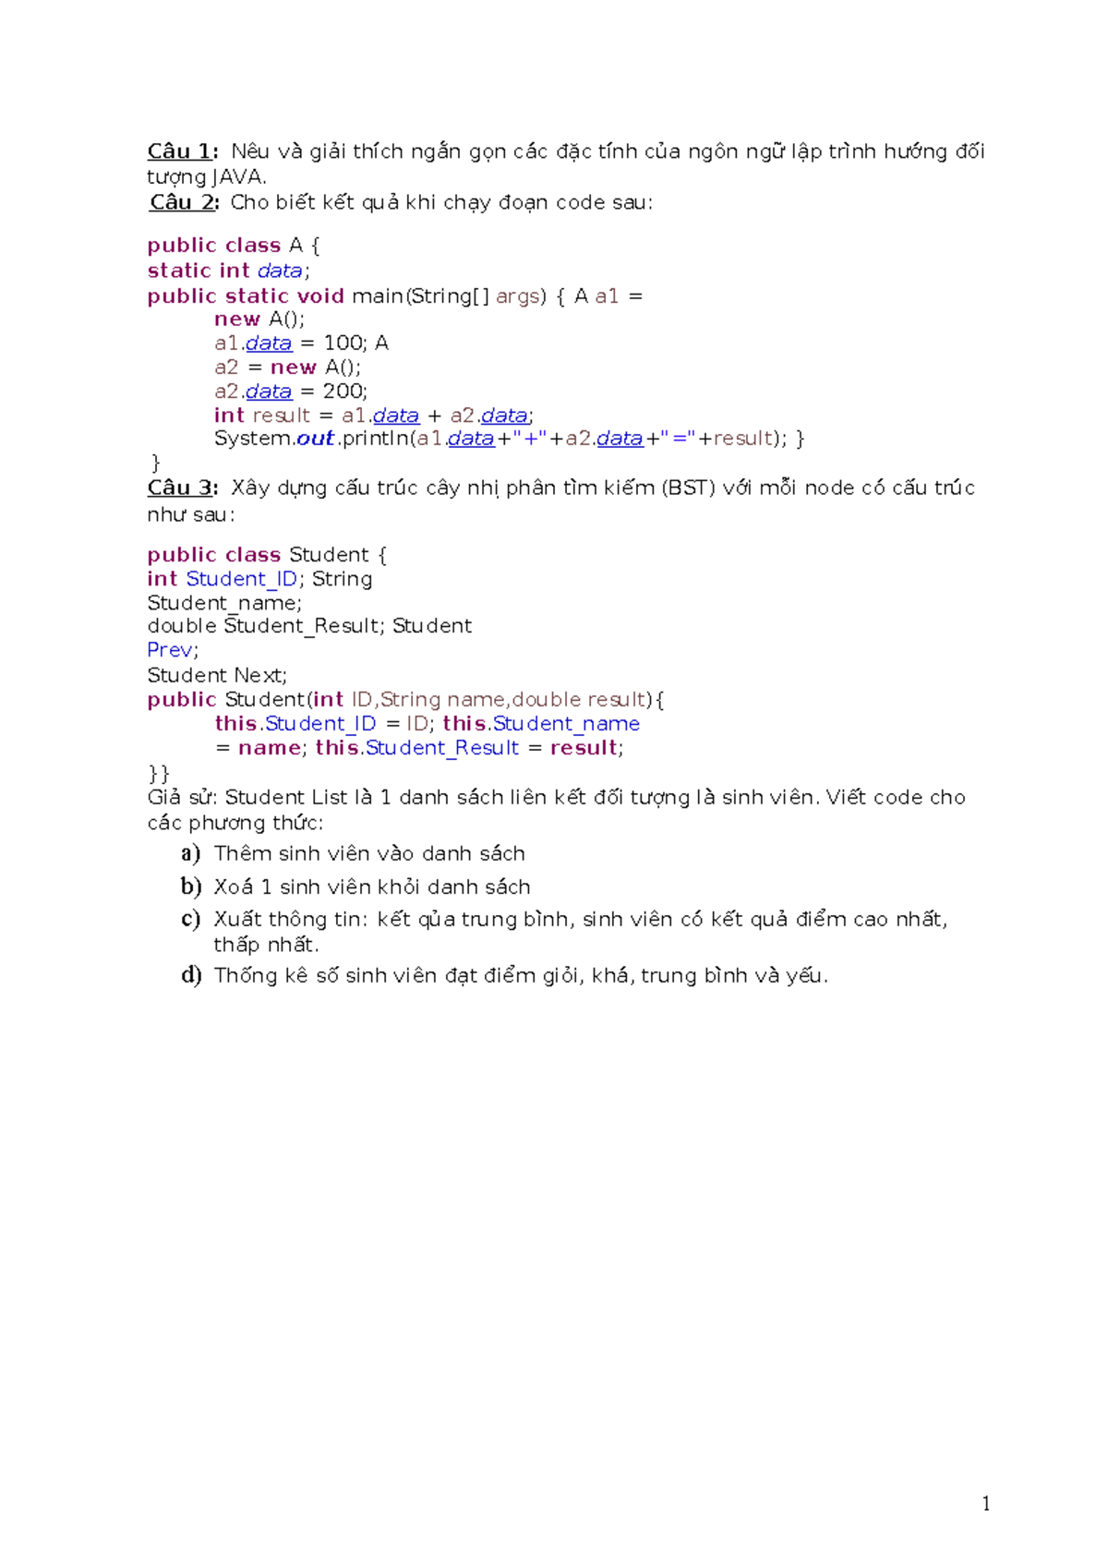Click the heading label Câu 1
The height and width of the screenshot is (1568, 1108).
tap(181, 151)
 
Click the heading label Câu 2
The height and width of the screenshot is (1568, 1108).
tap(183, 202)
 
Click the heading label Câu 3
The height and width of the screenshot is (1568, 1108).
tap(181, 488)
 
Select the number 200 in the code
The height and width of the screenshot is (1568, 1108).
tap(343, 392)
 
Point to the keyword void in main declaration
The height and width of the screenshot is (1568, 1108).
tap(320, 296)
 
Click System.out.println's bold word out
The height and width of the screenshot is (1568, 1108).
tap(315, 439)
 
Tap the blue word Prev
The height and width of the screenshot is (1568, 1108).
tap(170, 650)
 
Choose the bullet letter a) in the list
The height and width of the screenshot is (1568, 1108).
tap(190, 853)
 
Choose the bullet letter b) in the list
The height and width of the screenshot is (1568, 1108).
tap(190, 887)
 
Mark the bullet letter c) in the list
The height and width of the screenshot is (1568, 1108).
tap(190, 919)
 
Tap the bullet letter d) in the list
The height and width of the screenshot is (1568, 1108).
tap(190, 975)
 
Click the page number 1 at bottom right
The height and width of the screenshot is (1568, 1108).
tap(986, 1503)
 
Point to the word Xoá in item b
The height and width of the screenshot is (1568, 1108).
tap(234, 887)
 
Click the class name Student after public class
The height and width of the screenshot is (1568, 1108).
tap(328, 555)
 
